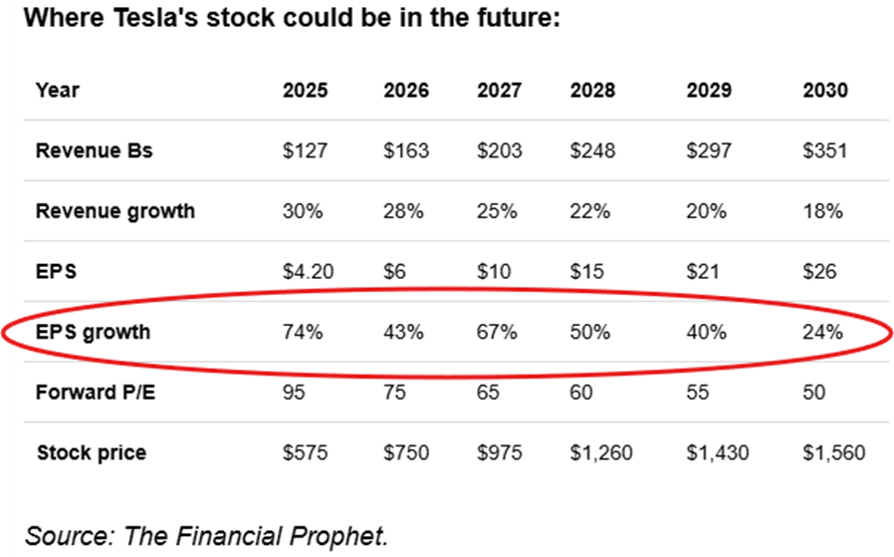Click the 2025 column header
click(305, 90)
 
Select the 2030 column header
click(825, 90)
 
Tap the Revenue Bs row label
click(94, 150)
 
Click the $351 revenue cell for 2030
click(825, 150)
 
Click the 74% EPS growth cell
click(303, 332)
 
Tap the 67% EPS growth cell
click(497, 332)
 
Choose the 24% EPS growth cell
click(822, 332)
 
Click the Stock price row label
click(91, 452)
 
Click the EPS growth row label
click(93, 332)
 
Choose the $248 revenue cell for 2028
click(592, 150)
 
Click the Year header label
click(57, 90)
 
